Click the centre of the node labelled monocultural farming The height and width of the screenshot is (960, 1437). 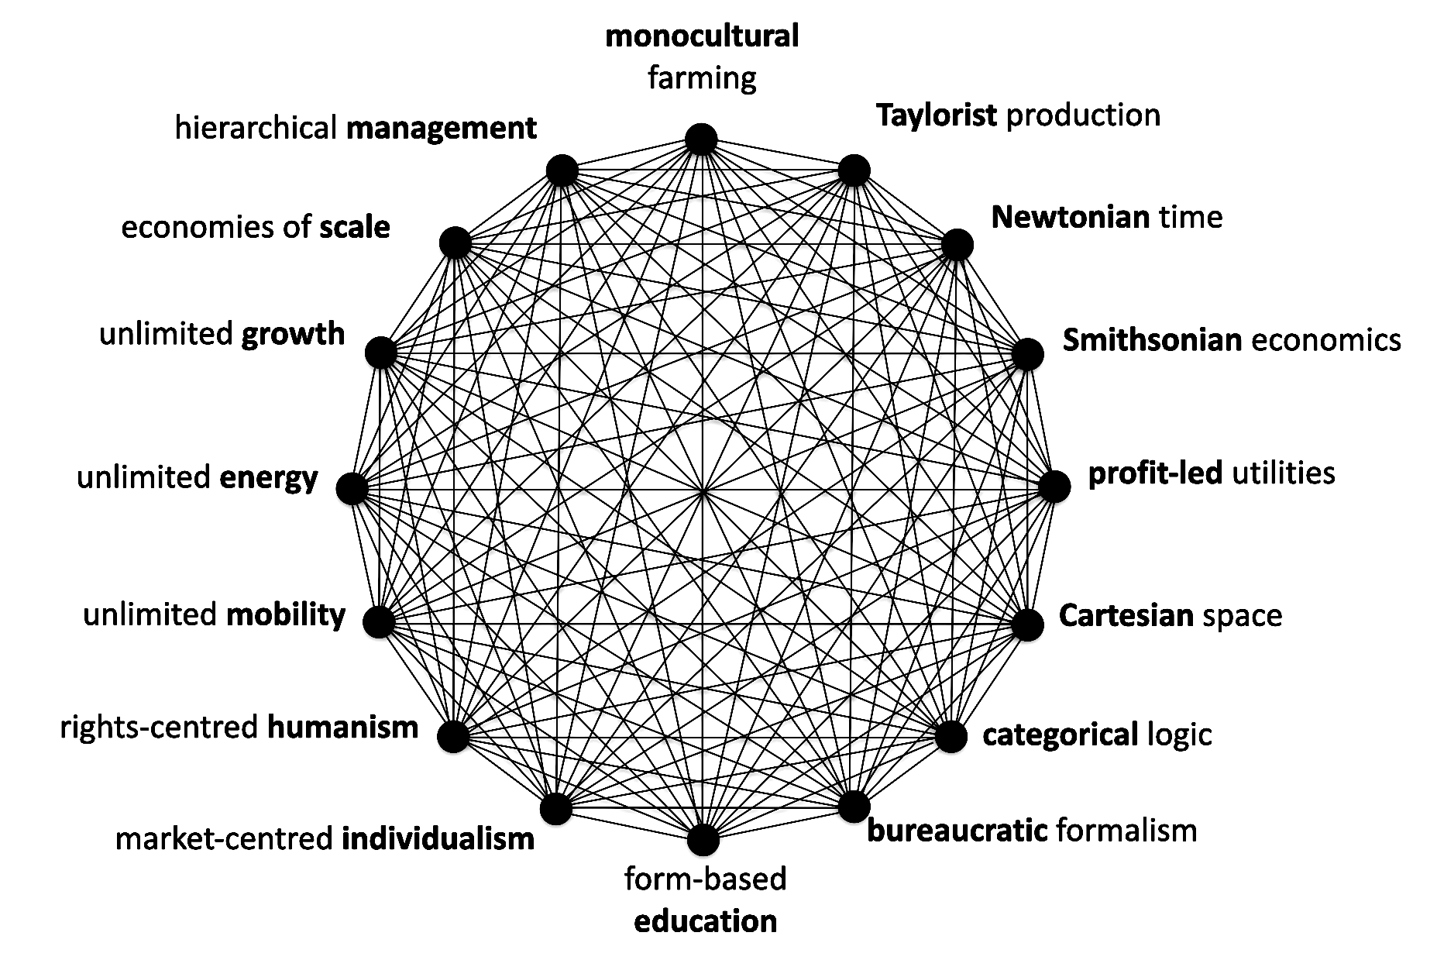pyautogui.click(x=701, y=139)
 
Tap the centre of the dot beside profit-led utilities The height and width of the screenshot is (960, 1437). pyautogui.click(x=1054, y=487)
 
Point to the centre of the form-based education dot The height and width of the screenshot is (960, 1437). pyautogui.click(x=703, y=840)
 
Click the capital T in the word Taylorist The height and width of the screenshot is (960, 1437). pyautogui.click(x=885, y=115)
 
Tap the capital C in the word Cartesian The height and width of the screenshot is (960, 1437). pyautogui.click(x=1068, y=615)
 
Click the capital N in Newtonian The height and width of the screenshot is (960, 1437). pyautogui.click(x=1002, y=217)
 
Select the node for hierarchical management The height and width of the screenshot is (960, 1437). pyautogui.click(x=562, y=170)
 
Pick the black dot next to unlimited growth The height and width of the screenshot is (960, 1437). pyautogui.click(x=380, y=353)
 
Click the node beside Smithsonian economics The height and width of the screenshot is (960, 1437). pyautogui.click(x=1027, y=354)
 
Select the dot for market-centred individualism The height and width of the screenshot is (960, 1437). pyautogui.click(x=555, y=809)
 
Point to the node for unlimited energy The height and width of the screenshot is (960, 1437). pyautogui.click(x=353, y=489)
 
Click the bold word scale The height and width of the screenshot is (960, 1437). pyautogui.click(x=355, y=227)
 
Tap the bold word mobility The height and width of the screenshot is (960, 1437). pyautogui.click(x=286, y=614)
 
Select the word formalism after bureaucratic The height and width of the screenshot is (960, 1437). pyautogui.click(x=1127, y=830)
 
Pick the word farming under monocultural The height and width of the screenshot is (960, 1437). pyautogui.click(x=702, y=78)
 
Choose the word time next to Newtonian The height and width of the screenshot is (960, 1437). pyautogui.click(x=1191, y=217)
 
